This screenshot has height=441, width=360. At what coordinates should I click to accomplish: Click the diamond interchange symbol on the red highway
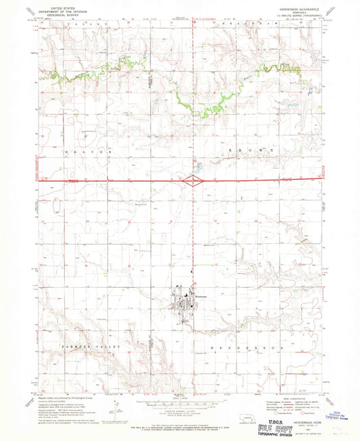[192, 180]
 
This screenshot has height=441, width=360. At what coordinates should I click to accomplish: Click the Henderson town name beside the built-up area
[195, 298]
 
